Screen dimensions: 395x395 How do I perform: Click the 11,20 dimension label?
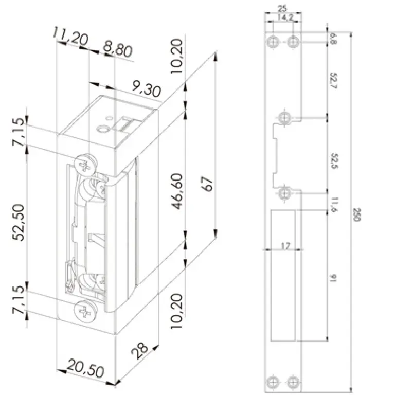click(x=70, y=37)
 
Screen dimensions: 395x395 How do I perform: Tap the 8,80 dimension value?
click(x=118, y=49)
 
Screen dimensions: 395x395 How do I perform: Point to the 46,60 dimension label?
click(x=177, y=191)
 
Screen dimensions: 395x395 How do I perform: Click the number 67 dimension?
click(x=207, y=184)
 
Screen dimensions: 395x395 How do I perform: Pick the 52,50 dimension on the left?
click(x=19, y=223)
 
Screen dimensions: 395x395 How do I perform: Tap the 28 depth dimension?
click(x=139, y=350)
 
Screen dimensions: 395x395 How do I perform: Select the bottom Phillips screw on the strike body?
click(x=86, y=311)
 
